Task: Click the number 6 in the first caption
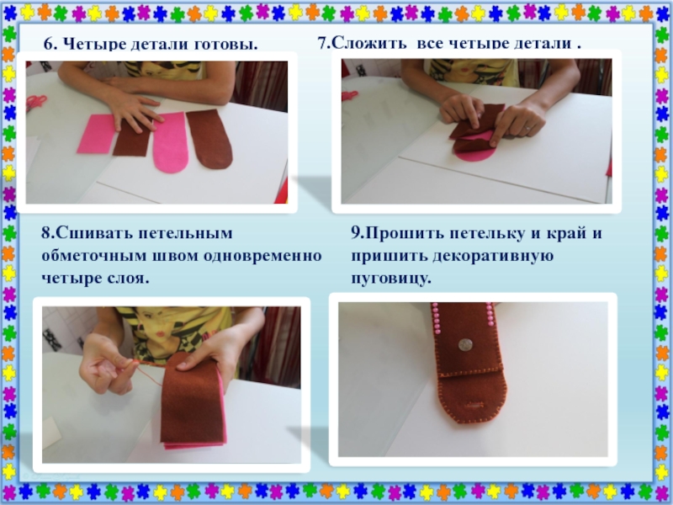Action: [50, 44]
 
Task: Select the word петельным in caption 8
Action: [186, 234]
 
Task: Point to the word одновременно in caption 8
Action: [262, 256]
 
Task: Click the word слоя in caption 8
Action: [127, 279]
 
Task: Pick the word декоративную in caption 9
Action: [493, 256]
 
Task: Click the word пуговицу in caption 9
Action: [390, 279]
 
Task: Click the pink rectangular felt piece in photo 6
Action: [96, 134]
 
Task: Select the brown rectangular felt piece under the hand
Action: [132, 138]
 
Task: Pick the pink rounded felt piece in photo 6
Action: [171, 142]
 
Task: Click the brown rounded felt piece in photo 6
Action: [209, 139]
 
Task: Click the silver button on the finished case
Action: [465, 344]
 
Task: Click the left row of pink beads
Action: [436, 318]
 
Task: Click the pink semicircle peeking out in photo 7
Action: [474, 156]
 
